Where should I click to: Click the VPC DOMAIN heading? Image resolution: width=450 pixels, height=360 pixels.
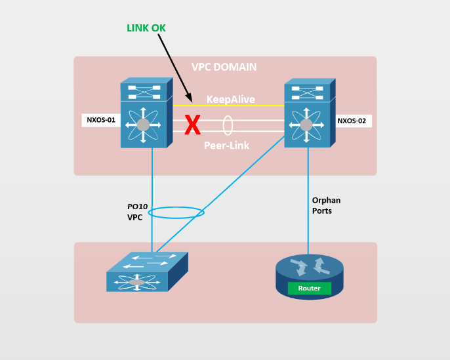(224, 67)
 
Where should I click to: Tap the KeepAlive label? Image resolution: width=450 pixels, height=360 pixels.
(230, 100)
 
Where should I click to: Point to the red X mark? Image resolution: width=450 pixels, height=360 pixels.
(192, 125)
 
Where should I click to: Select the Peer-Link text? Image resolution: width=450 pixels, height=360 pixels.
(226, 146)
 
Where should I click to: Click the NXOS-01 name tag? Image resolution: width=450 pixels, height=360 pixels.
(101, 120)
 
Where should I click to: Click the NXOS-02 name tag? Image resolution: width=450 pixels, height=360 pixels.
(354, 121)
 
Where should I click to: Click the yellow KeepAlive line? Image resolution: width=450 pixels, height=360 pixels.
(249, 105)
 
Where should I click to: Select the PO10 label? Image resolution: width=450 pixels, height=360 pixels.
(138, 207)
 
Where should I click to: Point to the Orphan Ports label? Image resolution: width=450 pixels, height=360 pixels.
(326, 205)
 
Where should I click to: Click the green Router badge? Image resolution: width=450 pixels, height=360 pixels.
(309, 288)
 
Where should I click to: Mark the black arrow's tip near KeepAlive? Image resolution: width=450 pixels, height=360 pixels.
(191, 101)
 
